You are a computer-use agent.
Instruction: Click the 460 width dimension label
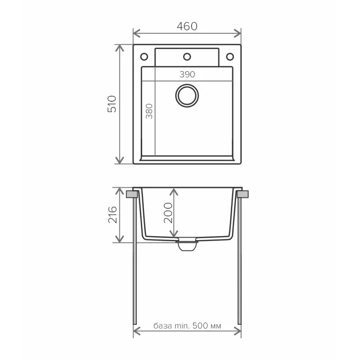click(x=187, y=26)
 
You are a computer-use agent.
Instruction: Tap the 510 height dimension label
click(x=112, y=104)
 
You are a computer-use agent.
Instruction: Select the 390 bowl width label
click(x=187, y=74)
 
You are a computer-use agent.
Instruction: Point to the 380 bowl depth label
click(x=149, y=111)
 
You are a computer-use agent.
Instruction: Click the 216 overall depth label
click(x=112, y=215)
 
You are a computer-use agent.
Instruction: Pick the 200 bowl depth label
click(x=168, y=213)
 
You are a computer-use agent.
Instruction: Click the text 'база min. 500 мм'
click(x=187, y=325)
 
